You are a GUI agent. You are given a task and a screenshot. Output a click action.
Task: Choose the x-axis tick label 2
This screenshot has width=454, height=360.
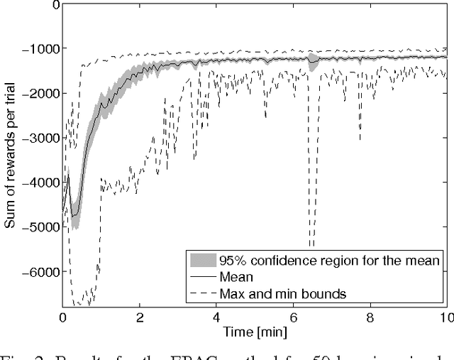140,317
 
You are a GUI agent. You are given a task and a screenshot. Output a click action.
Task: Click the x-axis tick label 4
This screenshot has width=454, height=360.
218,317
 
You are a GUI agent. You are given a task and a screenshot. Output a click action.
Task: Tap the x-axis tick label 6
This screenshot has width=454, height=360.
295,317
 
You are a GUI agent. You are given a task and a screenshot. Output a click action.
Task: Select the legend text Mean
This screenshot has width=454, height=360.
237,274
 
